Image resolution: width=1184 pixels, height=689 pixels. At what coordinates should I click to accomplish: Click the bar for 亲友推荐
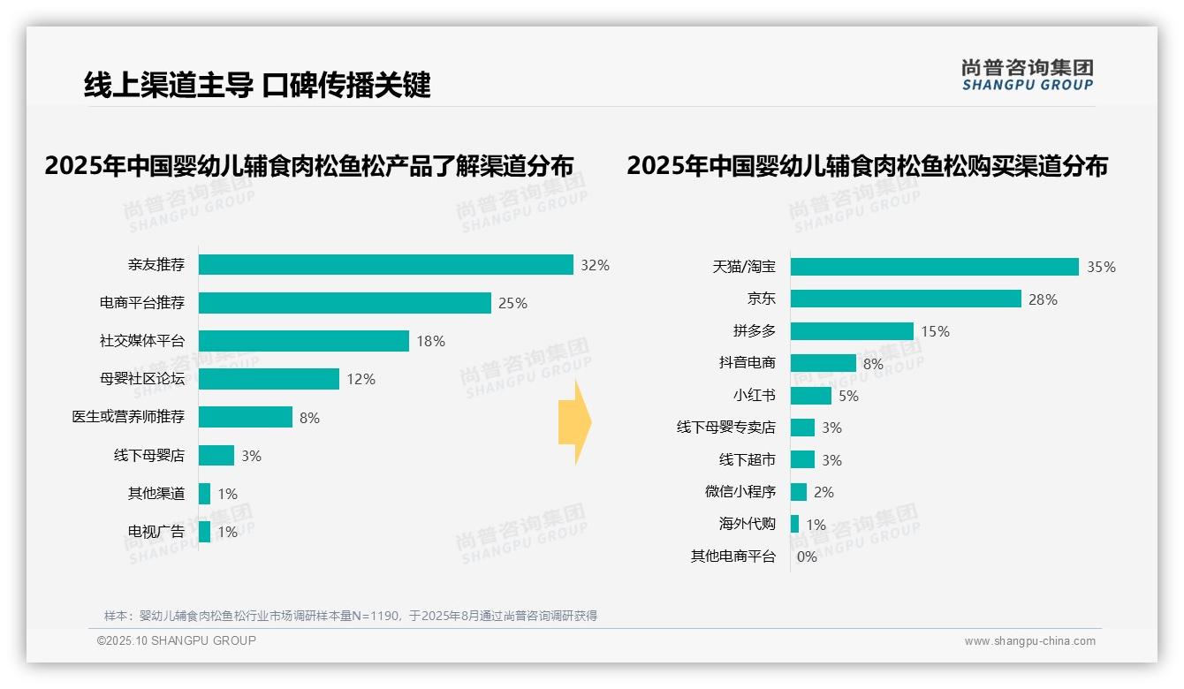[385, 265]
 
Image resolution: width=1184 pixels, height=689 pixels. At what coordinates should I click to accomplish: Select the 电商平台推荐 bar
[345, 303]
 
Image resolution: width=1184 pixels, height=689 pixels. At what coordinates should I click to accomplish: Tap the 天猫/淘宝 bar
[934, 267]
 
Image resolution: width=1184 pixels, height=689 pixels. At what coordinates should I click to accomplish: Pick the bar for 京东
[906, 299]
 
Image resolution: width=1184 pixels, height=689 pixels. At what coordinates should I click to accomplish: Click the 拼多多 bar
[852, 331]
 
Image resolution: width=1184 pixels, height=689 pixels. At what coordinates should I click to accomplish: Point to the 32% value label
[595, 265]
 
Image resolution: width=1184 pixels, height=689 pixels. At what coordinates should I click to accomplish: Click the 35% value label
[1101, 267]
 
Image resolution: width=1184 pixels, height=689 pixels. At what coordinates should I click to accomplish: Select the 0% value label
[807, 556]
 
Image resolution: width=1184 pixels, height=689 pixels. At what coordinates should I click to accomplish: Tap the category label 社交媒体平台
[142, 341]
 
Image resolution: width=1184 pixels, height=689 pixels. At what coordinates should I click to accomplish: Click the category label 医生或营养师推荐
[128, 417]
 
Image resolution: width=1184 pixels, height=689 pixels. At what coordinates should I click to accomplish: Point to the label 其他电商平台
[732, 556]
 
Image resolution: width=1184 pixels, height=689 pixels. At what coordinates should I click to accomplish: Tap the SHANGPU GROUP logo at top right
[1027, 75]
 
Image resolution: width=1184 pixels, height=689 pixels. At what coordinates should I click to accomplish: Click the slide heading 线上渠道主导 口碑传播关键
[257, 86]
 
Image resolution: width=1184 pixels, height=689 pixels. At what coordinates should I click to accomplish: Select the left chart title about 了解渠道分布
[308, 166]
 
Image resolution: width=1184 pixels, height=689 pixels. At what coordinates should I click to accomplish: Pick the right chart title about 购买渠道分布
[867, 166]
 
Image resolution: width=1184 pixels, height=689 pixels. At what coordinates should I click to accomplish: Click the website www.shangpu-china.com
[1029, 641]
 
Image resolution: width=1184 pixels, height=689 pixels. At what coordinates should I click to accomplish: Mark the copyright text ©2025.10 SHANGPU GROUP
[177, 640]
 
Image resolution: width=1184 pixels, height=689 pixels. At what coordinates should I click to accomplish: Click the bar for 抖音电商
[823, 363]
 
